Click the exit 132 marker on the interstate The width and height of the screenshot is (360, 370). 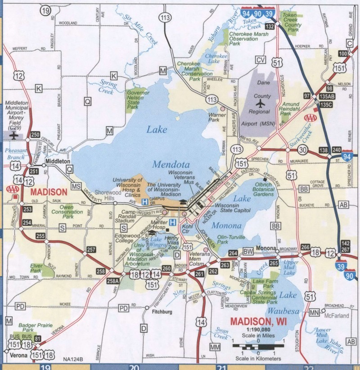270,27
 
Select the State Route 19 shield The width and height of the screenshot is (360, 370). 45,11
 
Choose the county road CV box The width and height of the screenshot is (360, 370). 261,60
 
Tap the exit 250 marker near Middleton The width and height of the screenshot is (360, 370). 35,134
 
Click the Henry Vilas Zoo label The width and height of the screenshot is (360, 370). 171,241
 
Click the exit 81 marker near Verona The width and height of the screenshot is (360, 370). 38,339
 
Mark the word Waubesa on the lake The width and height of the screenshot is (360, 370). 281,311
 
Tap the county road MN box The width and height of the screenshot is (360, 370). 314,312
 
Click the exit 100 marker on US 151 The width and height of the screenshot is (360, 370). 342,54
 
